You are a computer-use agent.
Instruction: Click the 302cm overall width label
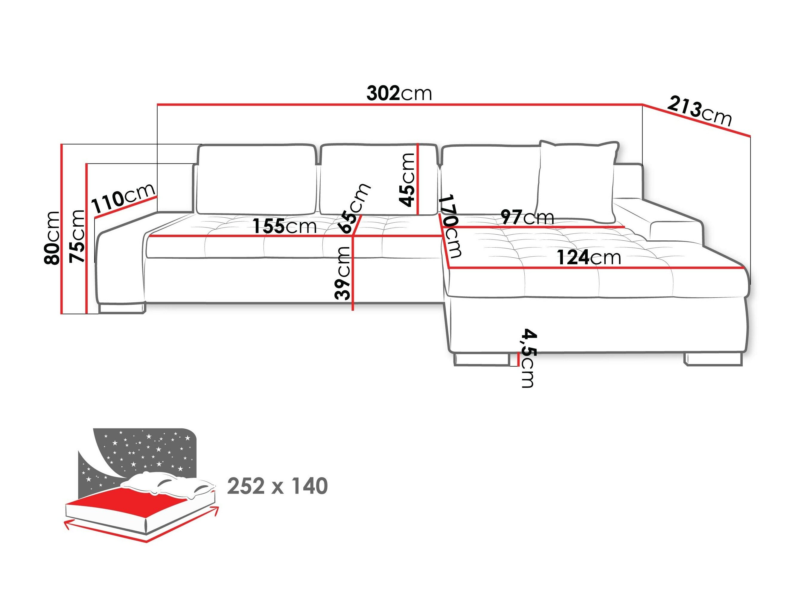click(399, 93)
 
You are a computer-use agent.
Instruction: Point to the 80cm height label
click(51, 238)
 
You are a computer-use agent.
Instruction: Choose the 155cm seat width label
click(284, 226)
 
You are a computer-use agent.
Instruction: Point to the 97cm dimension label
click(527, 217)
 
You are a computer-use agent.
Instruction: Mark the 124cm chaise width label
click(588, 257)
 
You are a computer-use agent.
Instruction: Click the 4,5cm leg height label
click(528, 358)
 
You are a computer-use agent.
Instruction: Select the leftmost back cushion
click(256, 179)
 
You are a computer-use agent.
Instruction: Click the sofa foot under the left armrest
click(121, 308)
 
